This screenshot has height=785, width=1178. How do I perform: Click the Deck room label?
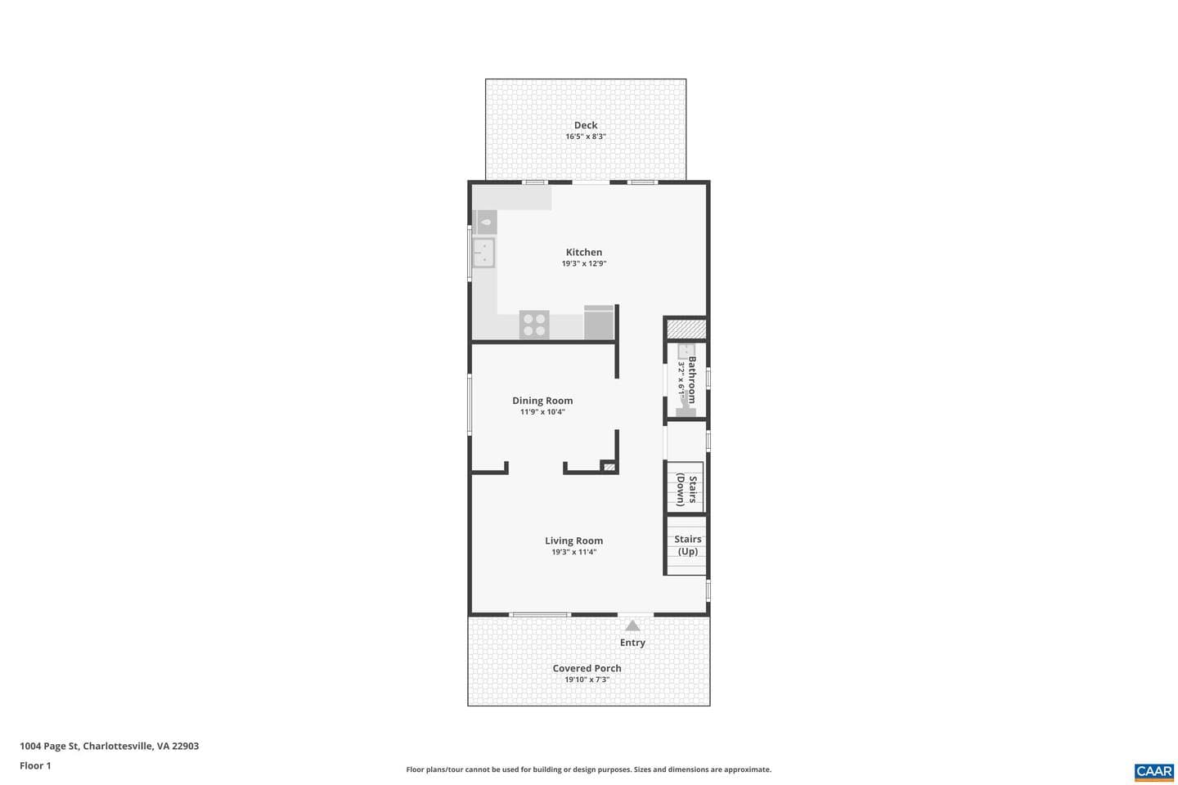[586, 125]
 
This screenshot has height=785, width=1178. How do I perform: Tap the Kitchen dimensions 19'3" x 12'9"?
[584, 263]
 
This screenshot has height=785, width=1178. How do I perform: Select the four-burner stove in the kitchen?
[534, 325]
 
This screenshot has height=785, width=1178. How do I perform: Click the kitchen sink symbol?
[483, 253]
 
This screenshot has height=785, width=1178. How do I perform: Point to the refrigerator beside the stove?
[599, 322]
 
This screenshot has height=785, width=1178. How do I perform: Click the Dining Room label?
[542, 401]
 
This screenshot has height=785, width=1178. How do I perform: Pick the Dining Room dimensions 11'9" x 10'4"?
[542, 411]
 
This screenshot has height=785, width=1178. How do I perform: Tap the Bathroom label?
[691, 380]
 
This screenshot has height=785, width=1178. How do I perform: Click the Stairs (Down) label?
[687, 490]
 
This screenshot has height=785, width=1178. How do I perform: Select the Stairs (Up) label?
[688, 545]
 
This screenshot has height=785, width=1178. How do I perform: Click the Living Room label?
[573, 541]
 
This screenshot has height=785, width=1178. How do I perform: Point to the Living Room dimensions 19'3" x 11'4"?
[573, 552]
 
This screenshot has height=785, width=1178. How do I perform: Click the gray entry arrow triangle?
[632, 626]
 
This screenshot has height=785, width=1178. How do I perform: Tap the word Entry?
[632, 643]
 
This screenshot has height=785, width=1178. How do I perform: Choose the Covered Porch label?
[587, 668]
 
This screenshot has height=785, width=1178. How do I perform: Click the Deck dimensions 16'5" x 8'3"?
[586, 137]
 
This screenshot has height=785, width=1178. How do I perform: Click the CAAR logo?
[1153, 772]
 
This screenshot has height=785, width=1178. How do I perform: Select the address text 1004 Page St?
[49, 746]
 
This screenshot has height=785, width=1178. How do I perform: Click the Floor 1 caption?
[35, 765]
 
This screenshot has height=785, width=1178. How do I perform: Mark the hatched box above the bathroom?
[686, 330]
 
